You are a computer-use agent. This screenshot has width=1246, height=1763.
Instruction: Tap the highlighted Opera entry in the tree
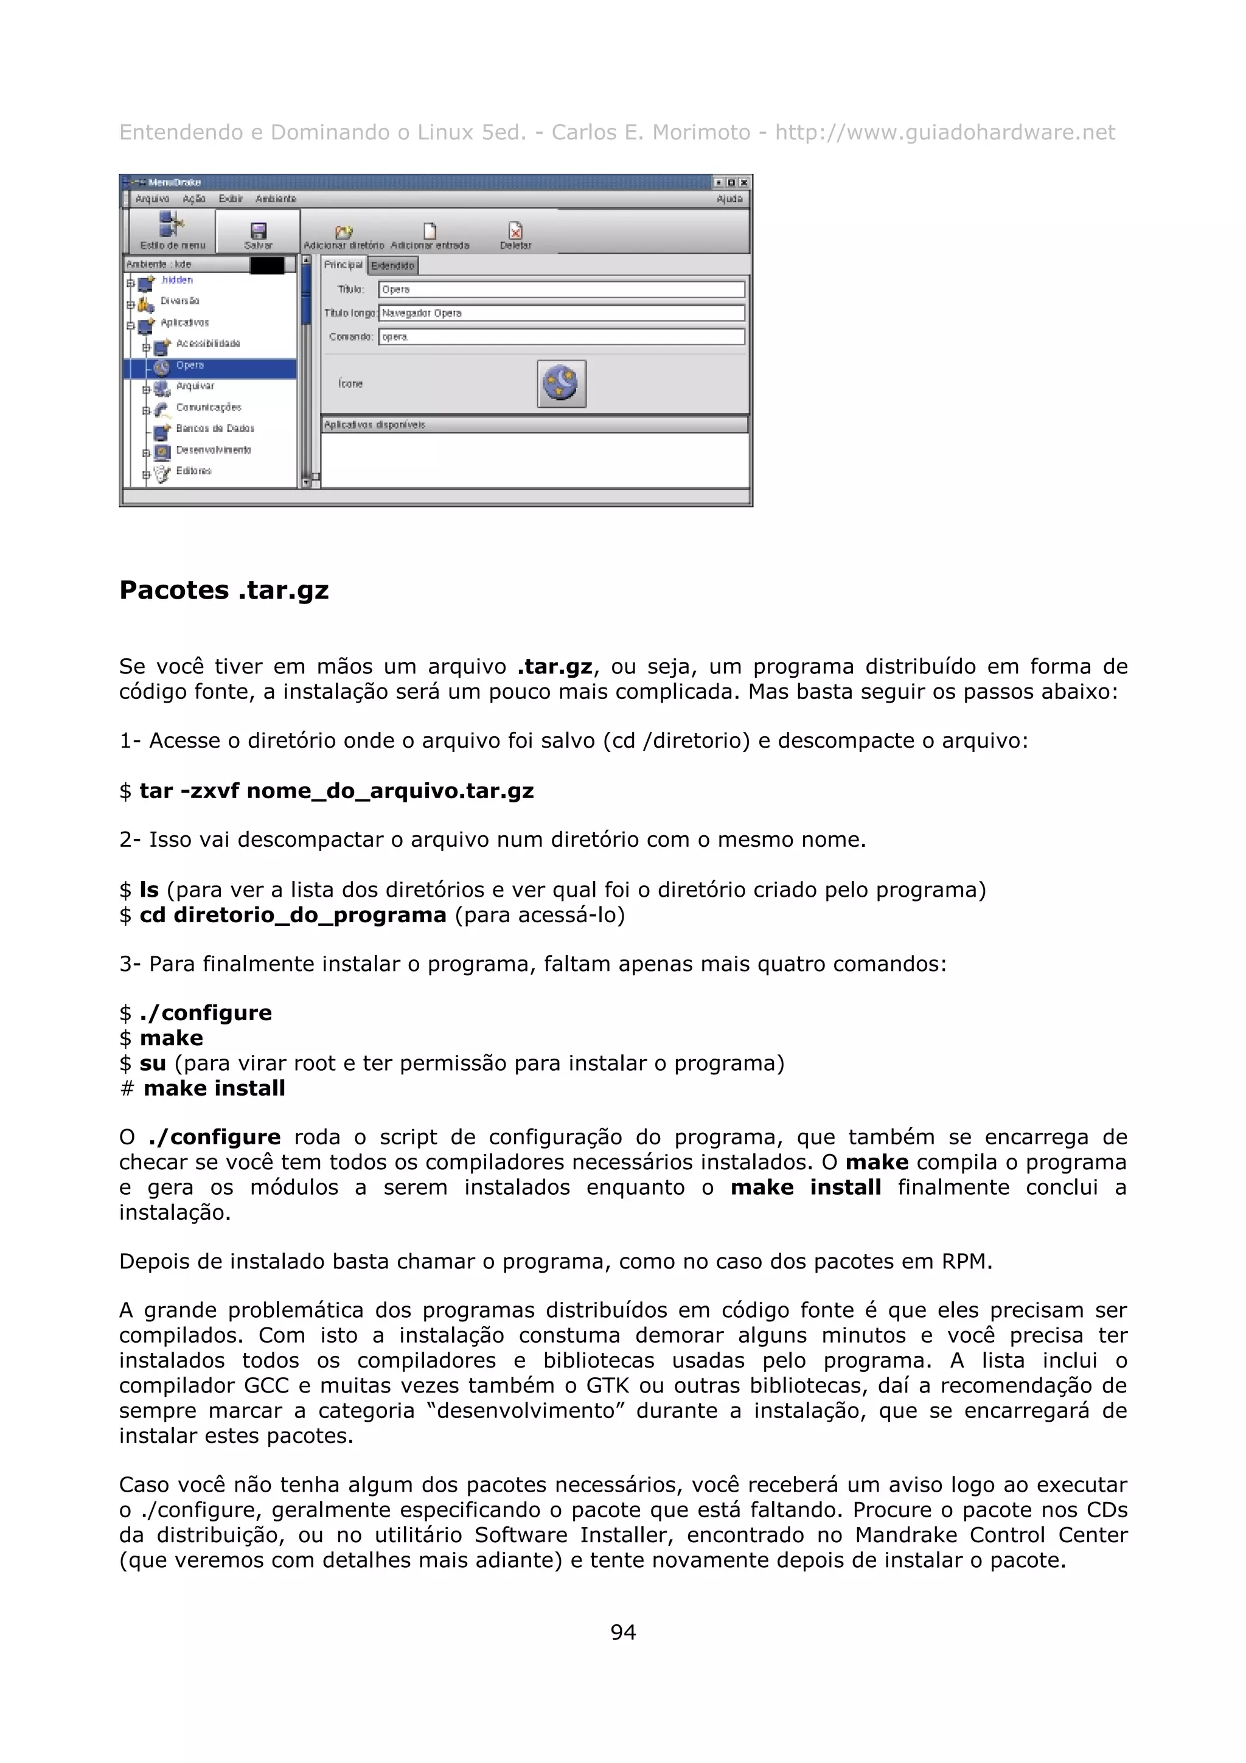pyautogui.click(x=190, y=366)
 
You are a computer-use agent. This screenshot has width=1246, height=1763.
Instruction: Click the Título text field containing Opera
pyautogui.click(x=560, y=290)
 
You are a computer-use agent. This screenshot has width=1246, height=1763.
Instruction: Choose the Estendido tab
pyautogui.click(x=392, y=266)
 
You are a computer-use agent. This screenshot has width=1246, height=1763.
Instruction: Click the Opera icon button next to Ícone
pyautogui.click(x=561, y=383)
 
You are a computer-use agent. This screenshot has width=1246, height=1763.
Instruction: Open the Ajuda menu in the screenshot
pyautogui.click(x=729, y=199)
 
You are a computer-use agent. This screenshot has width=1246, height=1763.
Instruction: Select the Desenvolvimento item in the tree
pyautogui.click(x=213, y=450)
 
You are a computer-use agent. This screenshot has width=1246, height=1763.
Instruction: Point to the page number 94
pyautogui.click(x=622, y=1632)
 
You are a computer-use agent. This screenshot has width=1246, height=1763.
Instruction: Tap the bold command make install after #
pyautogui.click(x=214, y=1088)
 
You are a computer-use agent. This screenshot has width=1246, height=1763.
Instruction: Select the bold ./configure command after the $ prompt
pyautogui.click(x=205, y=1013)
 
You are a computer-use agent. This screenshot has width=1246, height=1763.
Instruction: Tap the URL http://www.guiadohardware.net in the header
pyautogui.click(x=944, y=133)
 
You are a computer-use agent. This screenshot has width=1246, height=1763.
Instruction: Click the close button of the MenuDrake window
pyautogui.click(x=743, y=183)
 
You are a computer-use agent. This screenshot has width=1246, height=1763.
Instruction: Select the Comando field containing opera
pyautogui.click(x=560, y=336)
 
